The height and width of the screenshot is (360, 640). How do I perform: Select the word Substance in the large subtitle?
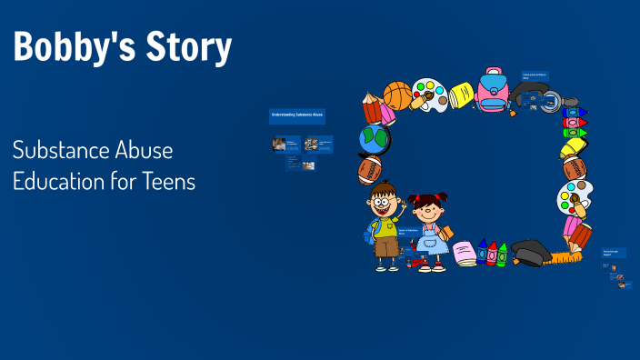(62, 150)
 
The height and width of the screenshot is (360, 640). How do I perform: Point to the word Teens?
(168, 181)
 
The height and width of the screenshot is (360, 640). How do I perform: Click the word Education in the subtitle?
(58, 181)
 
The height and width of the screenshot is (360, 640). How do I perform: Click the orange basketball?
(398, 95)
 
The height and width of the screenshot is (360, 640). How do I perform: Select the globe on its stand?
(374, 141)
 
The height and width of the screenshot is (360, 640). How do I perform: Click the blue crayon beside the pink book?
(481, 253)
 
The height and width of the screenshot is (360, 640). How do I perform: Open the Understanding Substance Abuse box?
(297, 115)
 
